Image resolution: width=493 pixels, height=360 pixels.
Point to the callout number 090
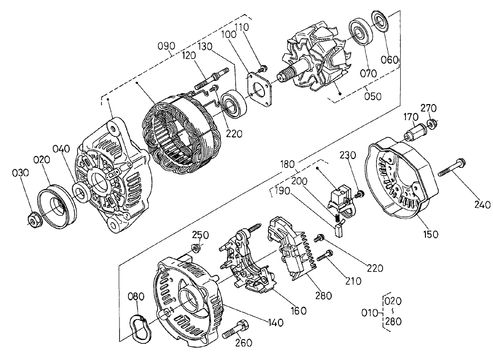click(167, 46)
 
